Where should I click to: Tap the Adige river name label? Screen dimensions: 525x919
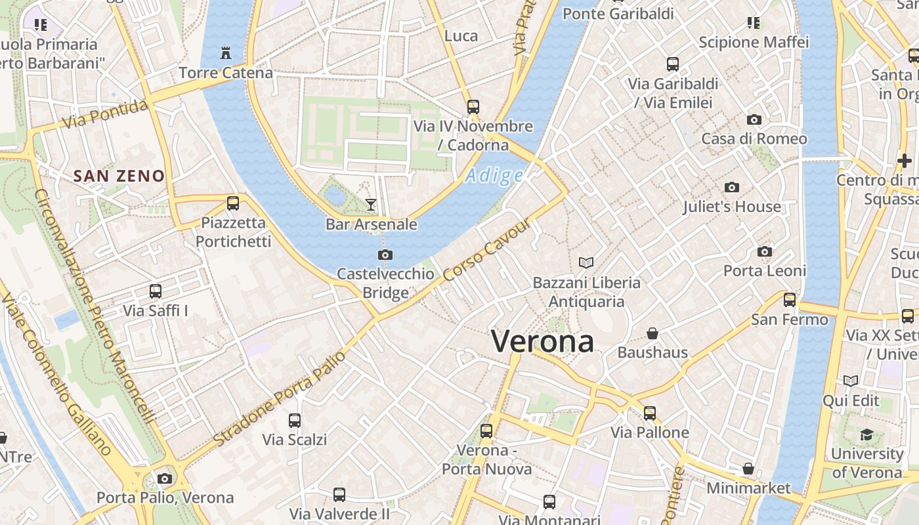point(494,176)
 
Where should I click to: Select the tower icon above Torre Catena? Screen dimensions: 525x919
point(226,53)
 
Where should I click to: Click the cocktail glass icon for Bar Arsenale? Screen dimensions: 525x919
point(371,205)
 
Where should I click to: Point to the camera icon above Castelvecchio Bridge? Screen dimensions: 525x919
point(385,255)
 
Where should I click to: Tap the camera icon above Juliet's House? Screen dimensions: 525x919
point(732,188)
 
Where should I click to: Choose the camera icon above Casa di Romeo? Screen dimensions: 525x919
point(754,119)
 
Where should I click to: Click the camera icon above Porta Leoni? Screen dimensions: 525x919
point(764,252)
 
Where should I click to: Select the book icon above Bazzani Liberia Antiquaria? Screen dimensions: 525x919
point(586,263)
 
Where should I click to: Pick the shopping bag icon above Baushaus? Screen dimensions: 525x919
point(652,333)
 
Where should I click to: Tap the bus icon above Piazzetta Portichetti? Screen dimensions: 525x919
point(233,203)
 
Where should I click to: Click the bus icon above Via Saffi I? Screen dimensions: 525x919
point(156,291)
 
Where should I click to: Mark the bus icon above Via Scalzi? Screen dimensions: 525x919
point(295,420)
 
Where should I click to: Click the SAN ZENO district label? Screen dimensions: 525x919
point(119,176)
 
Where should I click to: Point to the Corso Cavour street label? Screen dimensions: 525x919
point(487,251)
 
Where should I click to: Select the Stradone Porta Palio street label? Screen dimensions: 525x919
point(280,398)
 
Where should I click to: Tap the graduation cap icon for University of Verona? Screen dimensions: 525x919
point(866,434)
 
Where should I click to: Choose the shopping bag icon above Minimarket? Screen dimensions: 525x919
point(748,469)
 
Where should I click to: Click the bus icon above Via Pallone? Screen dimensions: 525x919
point(650,413)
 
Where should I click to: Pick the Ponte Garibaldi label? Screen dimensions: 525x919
point(618,13)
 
